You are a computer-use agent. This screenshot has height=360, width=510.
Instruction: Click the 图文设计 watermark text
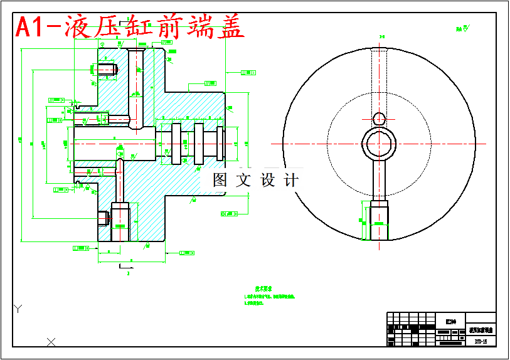tap(255, 180)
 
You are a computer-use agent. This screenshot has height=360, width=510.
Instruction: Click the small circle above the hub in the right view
tap(379, 119)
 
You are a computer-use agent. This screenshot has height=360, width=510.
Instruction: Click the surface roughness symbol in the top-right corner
tap(464, 28)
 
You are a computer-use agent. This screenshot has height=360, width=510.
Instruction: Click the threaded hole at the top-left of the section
tap(107, 69)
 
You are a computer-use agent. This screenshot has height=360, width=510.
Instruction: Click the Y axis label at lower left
tap(19, 308)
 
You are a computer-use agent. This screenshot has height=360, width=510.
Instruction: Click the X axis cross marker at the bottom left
tap(51, 341)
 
